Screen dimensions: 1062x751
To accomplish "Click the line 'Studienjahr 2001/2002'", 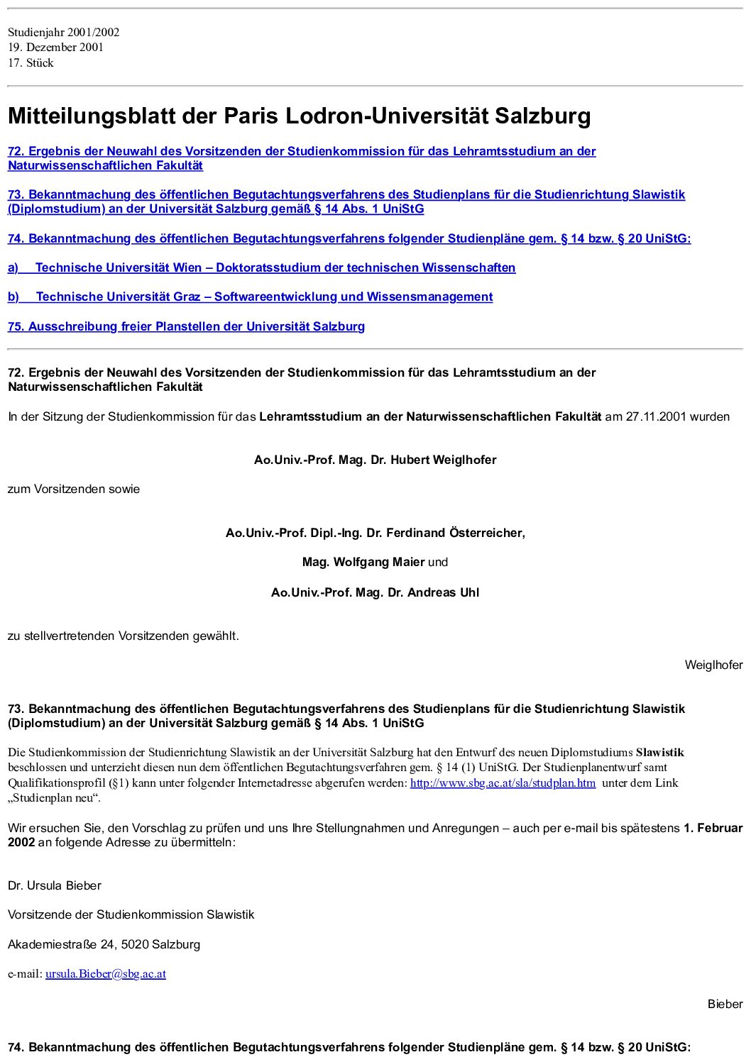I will (x=64, y=32).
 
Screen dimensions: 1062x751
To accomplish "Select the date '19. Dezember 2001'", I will (x=56, y=48).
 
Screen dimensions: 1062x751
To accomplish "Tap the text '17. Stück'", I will (x=31, y=63).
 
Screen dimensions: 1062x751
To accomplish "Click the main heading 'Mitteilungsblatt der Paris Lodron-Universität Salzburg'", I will (x=299, y=116).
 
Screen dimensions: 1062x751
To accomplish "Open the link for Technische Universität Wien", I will (x=275, y=268).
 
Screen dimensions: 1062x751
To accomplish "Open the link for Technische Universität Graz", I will (x=264, y=297).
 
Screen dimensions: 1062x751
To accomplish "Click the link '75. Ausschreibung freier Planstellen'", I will (x=186, y=327).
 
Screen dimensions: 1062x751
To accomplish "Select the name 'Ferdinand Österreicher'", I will (x=454, y=533).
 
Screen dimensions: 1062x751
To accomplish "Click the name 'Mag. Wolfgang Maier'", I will (x=363, y=563).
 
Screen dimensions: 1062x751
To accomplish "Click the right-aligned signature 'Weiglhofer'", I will (x=713, y=665).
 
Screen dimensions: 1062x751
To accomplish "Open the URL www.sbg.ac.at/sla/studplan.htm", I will (x=503, y=783).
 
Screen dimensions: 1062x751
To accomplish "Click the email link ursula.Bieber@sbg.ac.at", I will (x=106, y=974).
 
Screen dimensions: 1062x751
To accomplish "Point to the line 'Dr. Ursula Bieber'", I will (x=55, y=886).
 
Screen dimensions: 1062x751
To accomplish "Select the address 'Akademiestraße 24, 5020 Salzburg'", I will (x=104, y=945).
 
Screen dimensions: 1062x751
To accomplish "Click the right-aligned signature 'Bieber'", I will (x=725, y=1005).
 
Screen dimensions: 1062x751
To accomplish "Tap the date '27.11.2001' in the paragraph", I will (x=656, y=417).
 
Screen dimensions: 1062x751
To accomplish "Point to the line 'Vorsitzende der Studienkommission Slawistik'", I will (x=131, y=915).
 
